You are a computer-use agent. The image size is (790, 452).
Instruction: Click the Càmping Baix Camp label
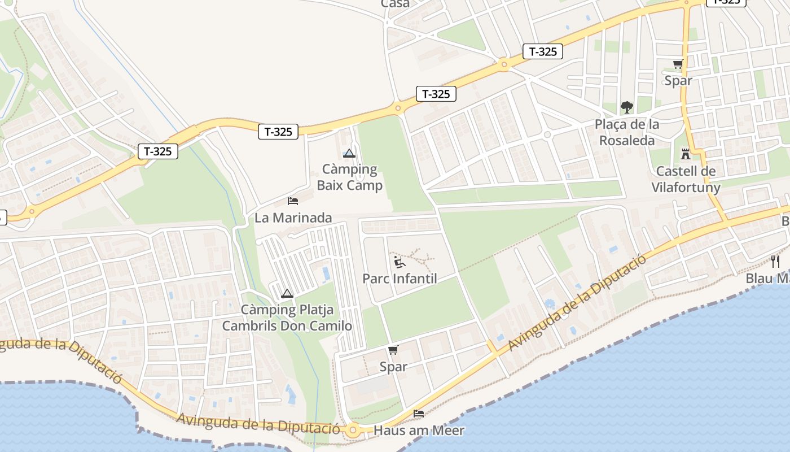pyautogui.click(x=350, y=177)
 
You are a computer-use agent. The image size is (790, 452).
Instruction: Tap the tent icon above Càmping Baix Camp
pyautogui.click(x=349, y=153)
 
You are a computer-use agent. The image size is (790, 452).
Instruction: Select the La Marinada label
pyautogui.click(x=293, y=218)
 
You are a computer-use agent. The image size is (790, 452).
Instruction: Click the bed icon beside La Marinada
pyautogui.click(x=293, y=201)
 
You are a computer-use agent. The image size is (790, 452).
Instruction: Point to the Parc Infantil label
pyautogui.click(x=400, y=279)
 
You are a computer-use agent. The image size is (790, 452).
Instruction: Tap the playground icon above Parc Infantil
pyautogui.click(x=399, y=262)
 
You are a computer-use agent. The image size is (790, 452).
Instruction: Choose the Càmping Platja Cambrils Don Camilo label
pyautogui.click(x=287, y=318)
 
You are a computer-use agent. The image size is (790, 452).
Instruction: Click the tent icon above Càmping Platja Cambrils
pyautogui.click(x=287, y=293)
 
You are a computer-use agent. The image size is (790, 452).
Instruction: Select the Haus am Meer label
pyautogui.click(x=419, y=431)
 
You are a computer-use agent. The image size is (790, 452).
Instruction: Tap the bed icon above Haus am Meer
pyautogui.click(x=419, y=414)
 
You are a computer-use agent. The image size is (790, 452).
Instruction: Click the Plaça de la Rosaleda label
pyautogui.click(x=627, y=132)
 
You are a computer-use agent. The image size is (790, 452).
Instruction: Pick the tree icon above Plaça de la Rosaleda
pyautogui.click(x=626, y=107)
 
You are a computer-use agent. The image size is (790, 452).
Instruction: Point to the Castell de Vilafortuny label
pyautogui.click(x=686, y=179)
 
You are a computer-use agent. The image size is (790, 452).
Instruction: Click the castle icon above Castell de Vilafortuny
pyautogui.click(x=686, y=154)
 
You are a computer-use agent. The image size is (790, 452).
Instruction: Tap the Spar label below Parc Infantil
pyautogui.click(x=393, y=367)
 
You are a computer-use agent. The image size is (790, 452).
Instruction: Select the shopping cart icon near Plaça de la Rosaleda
pyautogui.click(x=678, y=64)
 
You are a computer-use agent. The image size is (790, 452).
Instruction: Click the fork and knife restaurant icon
pyautogui.click(x=775, y=261)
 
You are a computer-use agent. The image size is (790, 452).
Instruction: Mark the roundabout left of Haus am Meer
pyautogui.click(x=353, y=430)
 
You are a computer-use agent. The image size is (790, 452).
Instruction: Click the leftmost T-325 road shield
pyautogui.click(x=158, y=151)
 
